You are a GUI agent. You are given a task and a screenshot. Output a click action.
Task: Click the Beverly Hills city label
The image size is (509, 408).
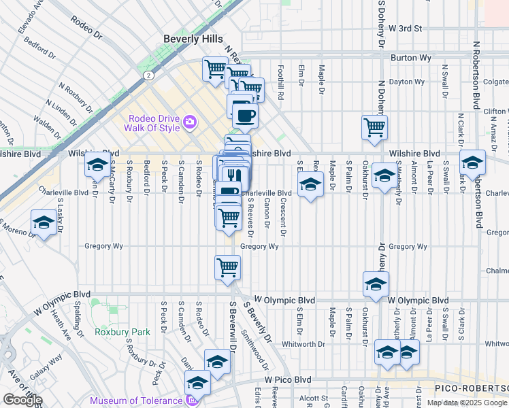(193, 39)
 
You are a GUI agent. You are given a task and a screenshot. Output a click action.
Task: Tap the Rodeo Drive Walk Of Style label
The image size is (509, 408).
(151, 123)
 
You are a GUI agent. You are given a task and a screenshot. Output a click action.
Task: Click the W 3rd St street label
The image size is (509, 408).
(406, 29)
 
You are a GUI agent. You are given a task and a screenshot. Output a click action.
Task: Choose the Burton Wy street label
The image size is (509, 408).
(411, 58)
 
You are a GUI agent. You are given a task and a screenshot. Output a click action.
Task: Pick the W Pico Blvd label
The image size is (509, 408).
(288, 379)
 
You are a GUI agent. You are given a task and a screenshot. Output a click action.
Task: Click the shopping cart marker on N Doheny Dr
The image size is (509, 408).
(374, 127)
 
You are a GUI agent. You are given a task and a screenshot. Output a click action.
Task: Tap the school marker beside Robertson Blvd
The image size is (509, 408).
(472, 163)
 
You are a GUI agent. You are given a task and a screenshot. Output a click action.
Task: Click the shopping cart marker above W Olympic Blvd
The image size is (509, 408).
(227, 267)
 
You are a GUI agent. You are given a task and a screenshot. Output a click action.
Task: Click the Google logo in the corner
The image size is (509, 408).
(22, 400)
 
